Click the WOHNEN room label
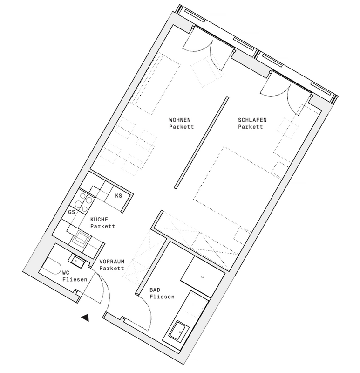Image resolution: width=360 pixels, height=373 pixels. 180,120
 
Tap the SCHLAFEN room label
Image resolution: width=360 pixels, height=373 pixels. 252,120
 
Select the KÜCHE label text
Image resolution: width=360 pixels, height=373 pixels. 99,219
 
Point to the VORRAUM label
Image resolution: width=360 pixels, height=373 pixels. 112,262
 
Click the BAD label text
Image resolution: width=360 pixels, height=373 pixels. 155,290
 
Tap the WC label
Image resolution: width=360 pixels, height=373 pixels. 66,273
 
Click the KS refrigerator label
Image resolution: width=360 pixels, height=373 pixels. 119,195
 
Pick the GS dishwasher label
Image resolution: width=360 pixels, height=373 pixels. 72,212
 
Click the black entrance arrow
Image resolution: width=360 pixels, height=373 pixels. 85,318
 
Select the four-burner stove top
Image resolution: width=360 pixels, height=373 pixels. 83,202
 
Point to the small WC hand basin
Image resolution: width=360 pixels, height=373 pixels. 76,261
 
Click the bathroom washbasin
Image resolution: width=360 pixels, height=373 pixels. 179,331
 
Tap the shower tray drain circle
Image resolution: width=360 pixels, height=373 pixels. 203,277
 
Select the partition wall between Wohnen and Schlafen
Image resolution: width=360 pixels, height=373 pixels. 201,143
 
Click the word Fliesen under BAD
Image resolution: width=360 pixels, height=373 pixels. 162,297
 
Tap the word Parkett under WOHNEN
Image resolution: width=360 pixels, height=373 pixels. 182,126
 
